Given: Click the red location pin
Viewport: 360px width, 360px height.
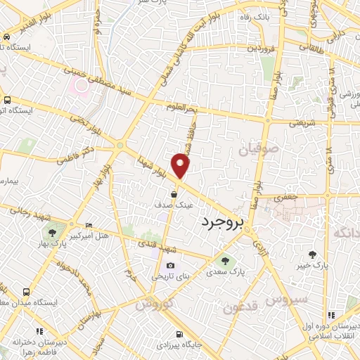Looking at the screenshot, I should point(181,165).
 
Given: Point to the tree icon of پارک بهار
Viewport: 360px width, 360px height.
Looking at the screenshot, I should point(51,232).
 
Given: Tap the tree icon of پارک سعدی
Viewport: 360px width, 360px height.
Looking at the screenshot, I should point(225,261).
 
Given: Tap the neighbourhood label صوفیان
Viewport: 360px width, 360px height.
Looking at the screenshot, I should point(258,149).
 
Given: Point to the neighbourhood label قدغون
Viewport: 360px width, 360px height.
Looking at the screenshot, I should point(242,307).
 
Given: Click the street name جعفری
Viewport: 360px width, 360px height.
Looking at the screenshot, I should point(288,198).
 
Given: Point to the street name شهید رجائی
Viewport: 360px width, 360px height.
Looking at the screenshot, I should point(22,214).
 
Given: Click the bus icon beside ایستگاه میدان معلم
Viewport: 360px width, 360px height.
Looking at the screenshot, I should point(26,291).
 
